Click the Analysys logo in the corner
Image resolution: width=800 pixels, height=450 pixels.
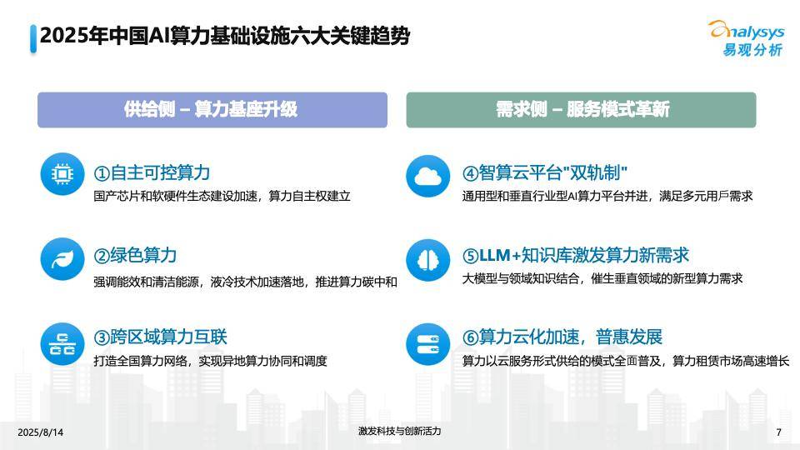click(747, 38)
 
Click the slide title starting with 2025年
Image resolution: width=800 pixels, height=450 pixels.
click(224, 36)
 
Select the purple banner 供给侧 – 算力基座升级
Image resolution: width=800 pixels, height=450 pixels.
click(212, 110)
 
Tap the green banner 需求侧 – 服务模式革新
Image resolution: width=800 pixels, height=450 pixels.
click(581, 110)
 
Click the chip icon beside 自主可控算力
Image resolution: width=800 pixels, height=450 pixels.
click(62, 174)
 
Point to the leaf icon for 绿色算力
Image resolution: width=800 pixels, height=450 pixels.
click(62, 259)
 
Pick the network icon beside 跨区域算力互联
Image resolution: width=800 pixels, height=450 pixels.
click(62, 344)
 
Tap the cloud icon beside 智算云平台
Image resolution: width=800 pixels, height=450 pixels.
click(428, 176)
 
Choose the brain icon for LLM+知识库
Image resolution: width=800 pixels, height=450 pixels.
click(428, 260)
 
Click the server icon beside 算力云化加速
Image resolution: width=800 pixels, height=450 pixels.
click(428, 344)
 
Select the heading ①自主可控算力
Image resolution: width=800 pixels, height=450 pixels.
click(152, 173)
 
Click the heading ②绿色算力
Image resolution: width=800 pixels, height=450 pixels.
click(135, 255)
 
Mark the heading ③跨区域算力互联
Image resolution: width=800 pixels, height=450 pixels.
click(160, 337)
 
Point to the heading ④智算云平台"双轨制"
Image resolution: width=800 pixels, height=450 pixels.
click(544, 173)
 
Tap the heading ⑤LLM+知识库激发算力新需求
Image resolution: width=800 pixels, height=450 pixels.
click(576, 255)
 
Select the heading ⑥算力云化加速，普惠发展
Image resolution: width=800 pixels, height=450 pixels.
click(562, 337)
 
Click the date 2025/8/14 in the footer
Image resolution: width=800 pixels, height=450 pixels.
click(41, 432)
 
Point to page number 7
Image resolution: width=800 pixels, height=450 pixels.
click(778, 432)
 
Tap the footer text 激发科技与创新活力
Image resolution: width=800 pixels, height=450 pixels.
click(399, 431)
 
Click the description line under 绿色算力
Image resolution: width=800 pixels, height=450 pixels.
click(245, 282)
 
